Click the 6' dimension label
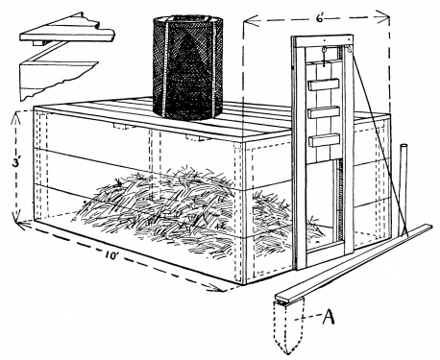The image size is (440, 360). pyautogui.click(x=320, y=18)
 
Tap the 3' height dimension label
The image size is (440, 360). pyautogui.click(x=15, y=163)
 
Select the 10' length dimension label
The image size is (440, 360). pyautogui.click(x=110, y=255)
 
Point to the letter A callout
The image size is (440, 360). pyautogui.click(x=329, y=317)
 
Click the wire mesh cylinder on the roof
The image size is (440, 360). pyautogui.click(x=187, y=67)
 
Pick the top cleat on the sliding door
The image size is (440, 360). pyautogui.click(x=324, y=84)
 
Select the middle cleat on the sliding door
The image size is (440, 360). pyautogui.click(x=324, y=113)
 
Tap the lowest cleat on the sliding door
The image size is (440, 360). pyautogui.click(x=324, y=141)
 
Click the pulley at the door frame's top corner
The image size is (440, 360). pyautogui.click(x=348, y=50)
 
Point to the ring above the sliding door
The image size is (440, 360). pyautogui.click(x=324, y=50)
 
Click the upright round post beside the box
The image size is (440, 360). pyautogui.click(x=403, y=190)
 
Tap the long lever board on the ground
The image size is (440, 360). pyautogui.click(x=354, y=262)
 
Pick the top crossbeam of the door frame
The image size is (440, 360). pyautogui.click(x=323, y=41)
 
